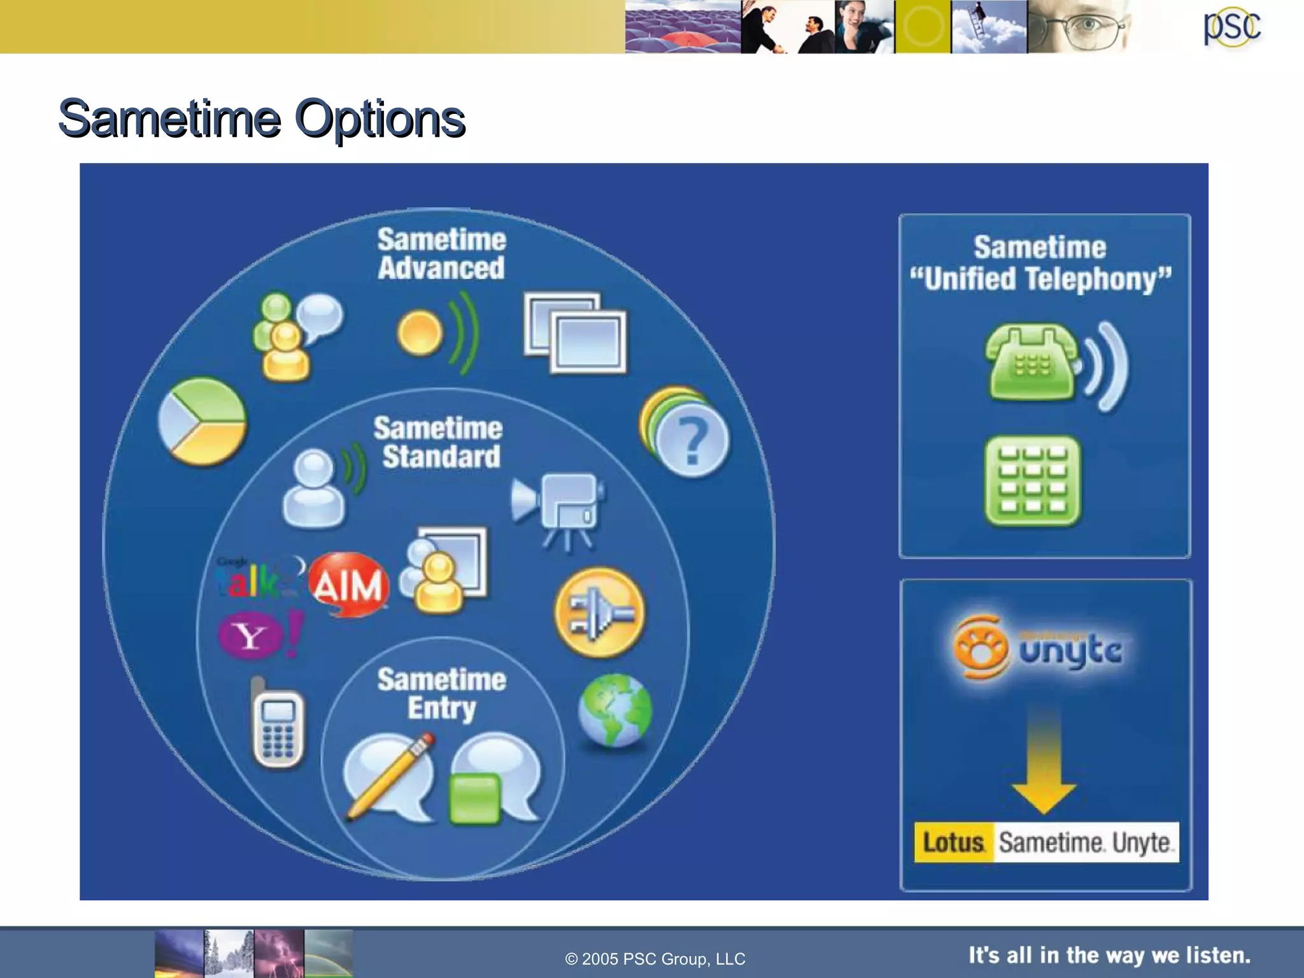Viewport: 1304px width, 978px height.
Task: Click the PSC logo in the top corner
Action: point(1231,27)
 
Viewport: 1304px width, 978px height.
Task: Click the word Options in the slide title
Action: point(380,119)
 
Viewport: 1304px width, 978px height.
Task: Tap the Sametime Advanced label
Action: point(441,253)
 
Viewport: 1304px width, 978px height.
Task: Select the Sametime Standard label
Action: point(439,442)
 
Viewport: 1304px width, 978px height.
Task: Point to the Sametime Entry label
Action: point(441,693)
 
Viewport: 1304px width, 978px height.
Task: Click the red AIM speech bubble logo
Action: point(349,585)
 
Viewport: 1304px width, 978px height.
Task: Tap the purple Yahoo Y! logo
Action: point(258,635)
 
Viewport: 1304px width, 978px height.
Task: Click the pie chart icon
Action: point(202,422)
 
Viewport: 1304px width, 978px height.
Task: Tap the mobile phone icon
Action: point(278,726)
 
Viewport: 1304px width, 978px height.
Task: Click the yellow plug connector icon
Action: point(599,613)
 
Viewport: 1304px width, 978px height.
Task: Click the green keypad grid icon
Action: point(1032,481)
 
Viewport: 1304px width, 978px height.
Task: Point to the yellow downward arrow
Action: point(1044,764)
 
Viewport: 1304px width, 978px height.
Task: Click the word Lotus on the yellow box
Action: point(953,842)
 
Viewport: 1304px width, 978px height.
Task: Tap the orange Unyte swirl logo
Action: point(981,648)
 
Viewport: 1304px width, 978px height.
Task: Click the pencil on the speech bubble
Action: point(390,778)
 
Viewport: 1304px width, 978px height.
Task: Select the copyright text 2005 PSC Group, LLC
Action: point(655,958)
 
